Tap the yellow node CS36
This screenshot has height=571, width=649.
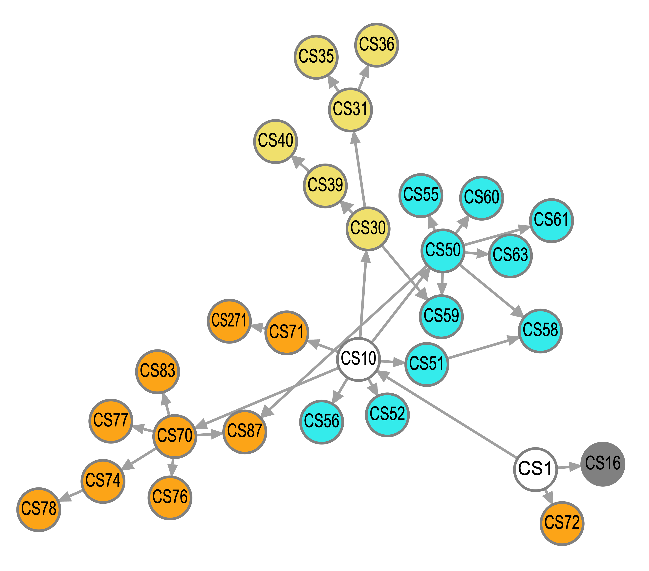377,45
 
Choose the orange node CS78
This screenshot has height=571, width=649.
39,509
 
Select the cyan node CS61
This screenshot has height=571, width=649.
552,221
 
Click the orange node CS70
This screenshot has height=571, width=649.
175,436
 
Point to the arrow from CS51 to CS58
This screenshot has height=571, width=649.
483,348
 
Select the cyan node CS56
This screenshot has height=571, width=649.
321,422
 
